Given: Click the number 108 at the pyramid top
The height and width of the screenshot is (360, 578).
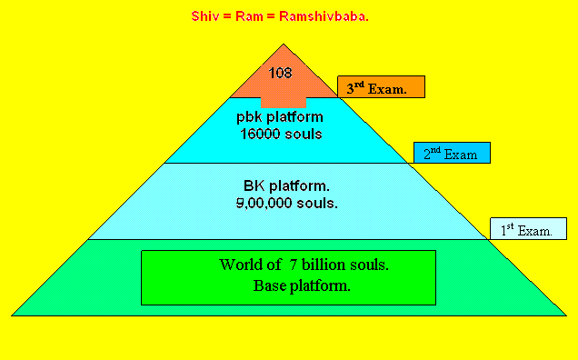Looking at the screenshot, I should coord(280,72).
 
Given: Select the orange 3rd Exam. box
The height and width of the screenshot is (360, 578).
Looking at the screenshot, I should coord(382,87).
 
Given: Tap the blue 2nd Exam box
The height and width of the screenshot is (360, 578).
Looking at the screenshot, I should coord(452,154).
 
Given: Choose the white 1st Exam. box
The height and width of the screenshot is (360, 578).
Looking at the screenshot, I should coord(528,229).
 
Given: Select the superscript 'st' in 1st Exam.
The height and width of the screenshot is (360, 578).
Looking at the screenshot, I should coord(510,226).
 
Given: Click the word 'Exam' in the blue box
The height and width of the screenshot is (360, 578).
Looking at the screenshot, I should coord(461,155).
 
